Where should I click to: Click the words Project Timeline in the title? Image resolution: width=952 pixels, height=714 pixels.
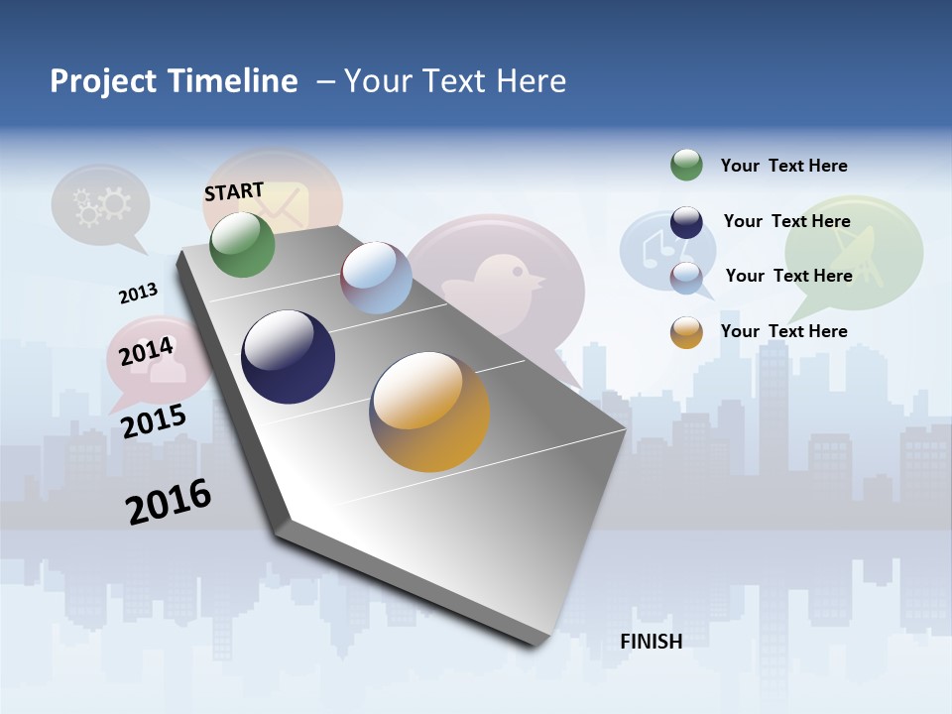point(174,81)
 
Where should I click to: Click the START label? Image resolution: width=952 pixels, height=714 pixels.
point(234,191)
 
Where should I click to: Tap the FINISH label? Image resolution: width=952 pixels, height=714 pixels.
point(651,642)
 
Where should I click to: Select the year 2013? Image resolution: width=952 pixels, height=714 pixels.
point(138,294)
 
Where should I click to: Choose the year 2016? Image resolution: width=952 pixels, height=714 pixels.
point(169,502)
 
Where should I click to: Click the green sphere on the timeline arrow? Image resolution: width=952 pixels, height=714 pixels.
point(242,244)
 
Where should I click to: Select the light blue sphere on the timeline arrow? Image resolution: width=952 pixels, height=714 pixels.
point(376,278)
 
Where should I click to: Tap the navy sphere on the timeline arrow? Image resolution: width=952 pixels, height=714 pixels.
point(289,357)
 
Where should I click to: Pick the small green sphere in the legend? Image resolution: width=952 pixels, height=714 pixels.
point(686,165)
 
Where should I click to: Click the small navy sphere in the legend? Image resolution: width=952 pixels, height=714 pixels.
point(686,222)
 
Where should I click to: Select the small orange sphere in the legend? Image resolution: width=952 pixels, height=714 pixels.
point(686,332)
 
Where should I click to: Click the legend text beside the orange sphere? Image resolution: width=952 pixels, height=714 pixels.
point(783,331)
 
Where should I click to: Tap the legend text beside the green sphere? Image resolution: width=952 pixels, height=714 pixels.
point(783,166)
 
